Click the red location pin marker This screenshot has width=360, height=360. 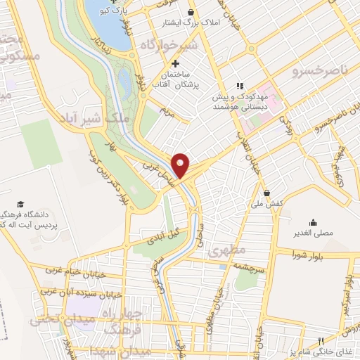[181, 165]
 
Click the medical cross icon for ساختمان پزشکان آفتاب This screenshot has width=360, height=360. [175, 64]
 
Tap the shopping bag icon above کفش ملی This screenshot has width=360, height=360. [266, 193]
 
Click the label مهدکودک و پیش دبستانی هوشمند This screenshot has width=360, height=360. [242, 102]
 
